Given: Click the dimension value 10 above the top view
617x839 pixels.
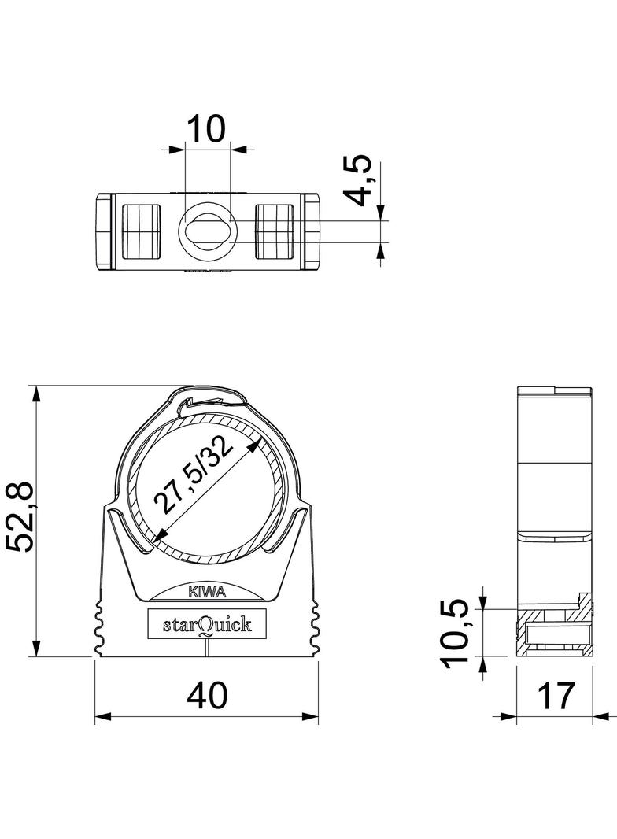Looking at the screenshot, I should [206, 128].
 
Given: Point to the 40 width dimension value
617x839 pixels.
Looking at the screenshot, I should [207, 695].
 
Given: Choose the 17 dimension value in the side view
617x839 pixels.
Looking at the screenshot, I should [556, 695].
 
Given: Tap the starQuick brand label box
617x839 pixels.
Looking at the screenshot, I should [207, 625].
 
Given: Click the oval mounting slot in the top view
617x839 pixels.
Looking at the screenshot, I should [207, 232].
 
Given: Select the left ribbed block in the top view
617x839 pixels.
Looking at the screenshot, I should [142, 231].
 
